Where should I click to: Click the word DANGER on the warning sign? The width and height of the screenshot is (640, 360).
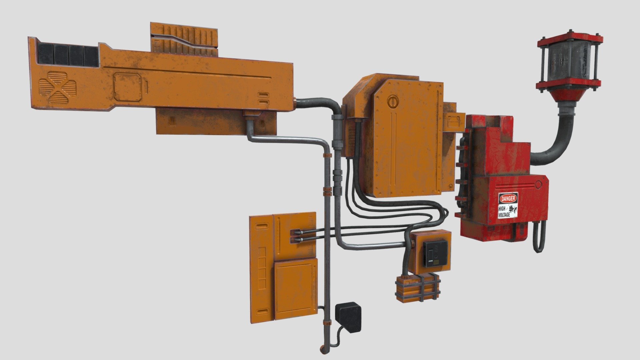[x=508, y=199]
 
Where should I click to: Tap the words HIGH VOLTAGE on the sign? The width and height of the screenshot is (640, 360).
[x=504, y=212]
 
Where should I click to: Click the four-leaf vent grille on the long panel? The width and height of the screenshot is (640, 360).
[x=57, y=87]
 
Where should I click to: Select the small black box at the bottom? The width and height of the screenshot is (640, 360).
[x=349, y=317]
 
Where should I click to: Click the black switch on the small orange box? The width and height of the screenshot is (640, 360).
[x=435, y=254]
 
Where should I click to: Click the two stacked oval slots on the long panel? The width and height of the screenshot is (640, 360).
[x=263, y=98]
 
